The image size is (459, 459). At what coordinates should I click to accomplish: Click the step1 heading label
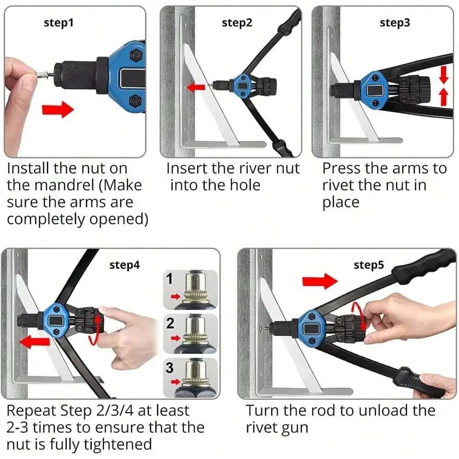[59, 23]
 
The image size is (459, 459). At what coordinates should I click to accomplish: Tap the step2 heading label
[237, 23]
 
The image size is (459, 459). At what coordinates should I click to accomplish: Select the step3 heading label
[395, 23]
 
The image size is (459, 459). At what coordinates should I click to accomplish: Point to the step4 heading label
[124, 265]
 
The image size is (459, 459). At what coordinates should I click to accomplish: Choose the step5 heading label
[369, 265]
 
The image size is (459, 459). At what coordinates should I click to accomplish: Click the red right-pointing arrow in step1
[58, 110]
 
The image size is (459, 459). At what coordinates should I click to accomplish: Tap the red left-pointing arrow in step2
[196, 87]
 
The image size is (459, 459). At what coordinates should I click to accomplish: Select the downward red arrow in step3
[444, 75]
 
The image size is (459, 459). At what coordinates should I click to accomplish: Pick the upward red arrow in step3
[444, 97]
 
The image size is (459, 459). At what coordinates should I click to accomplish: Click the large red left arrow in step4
[34, 342]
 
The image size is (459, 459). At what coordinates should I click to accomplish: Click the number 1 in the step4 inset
[169, 279]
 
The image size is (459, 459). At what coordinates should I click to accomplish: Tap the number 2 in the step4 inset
[170, 323]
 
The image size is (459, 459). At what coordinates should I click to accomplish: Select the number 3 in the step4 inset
[169, 368]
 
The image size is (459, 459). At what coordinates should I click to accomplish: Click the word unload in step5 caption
[383, 410]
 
